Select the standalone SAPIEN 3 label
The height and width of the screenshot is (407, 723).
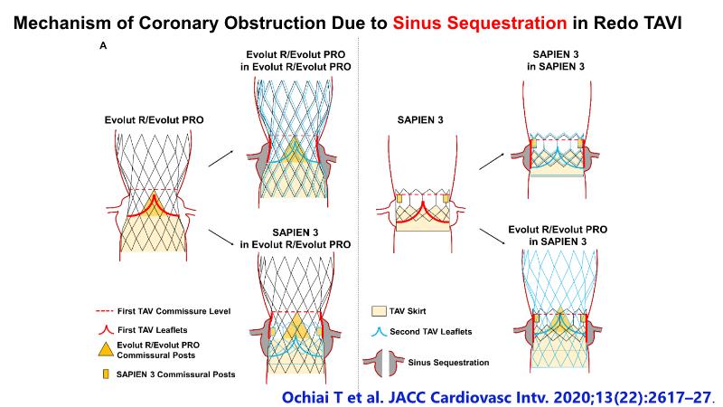422,118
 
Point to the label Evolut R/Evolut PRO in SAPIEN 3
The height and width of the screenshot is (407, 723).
556,236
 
